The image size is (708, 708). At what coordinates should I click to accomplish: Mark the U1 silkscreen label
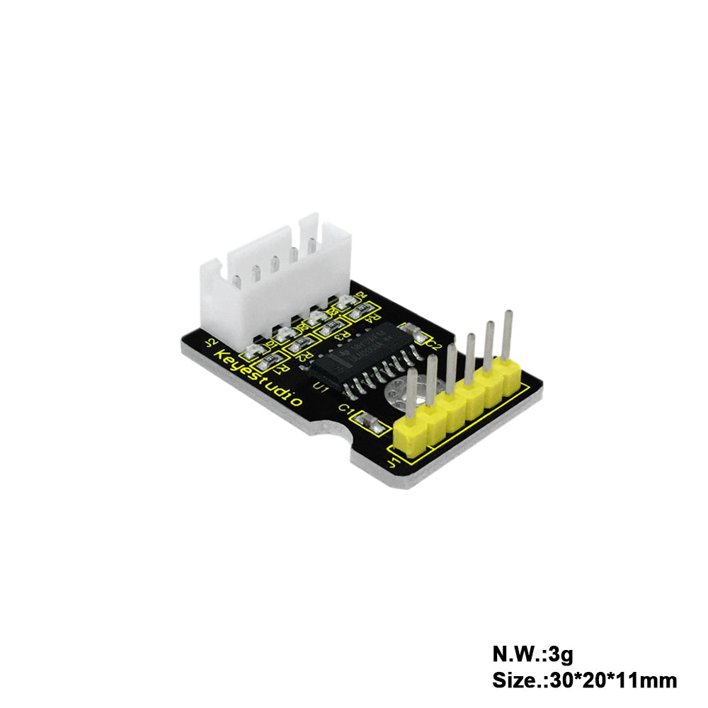[x=319, y=387]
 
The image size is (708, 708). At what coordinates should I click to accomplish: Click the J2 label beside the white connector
[x=210, y=344]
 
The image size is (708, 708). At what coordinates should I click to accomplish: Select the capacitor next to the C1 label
[x=369, y=423]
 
